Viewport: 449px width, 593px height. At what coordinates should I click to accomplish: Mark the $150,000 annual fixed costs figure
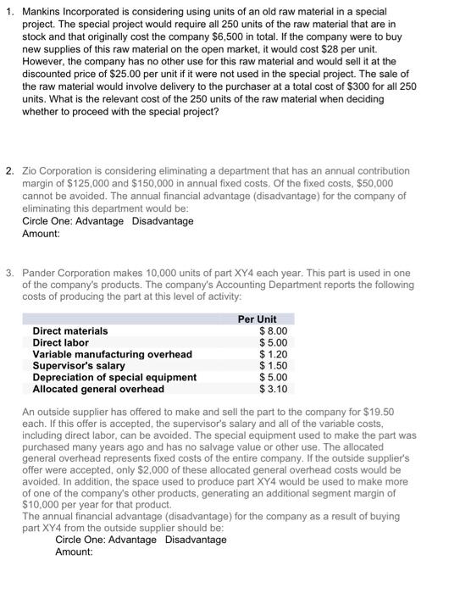(x=133, y=184)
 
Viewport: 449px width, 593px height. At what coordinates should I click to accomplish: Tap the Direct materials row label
(x=69, y=330)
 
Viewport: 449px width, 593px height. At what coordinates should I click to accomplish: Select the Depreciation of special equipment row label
(x=114, y=378)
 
